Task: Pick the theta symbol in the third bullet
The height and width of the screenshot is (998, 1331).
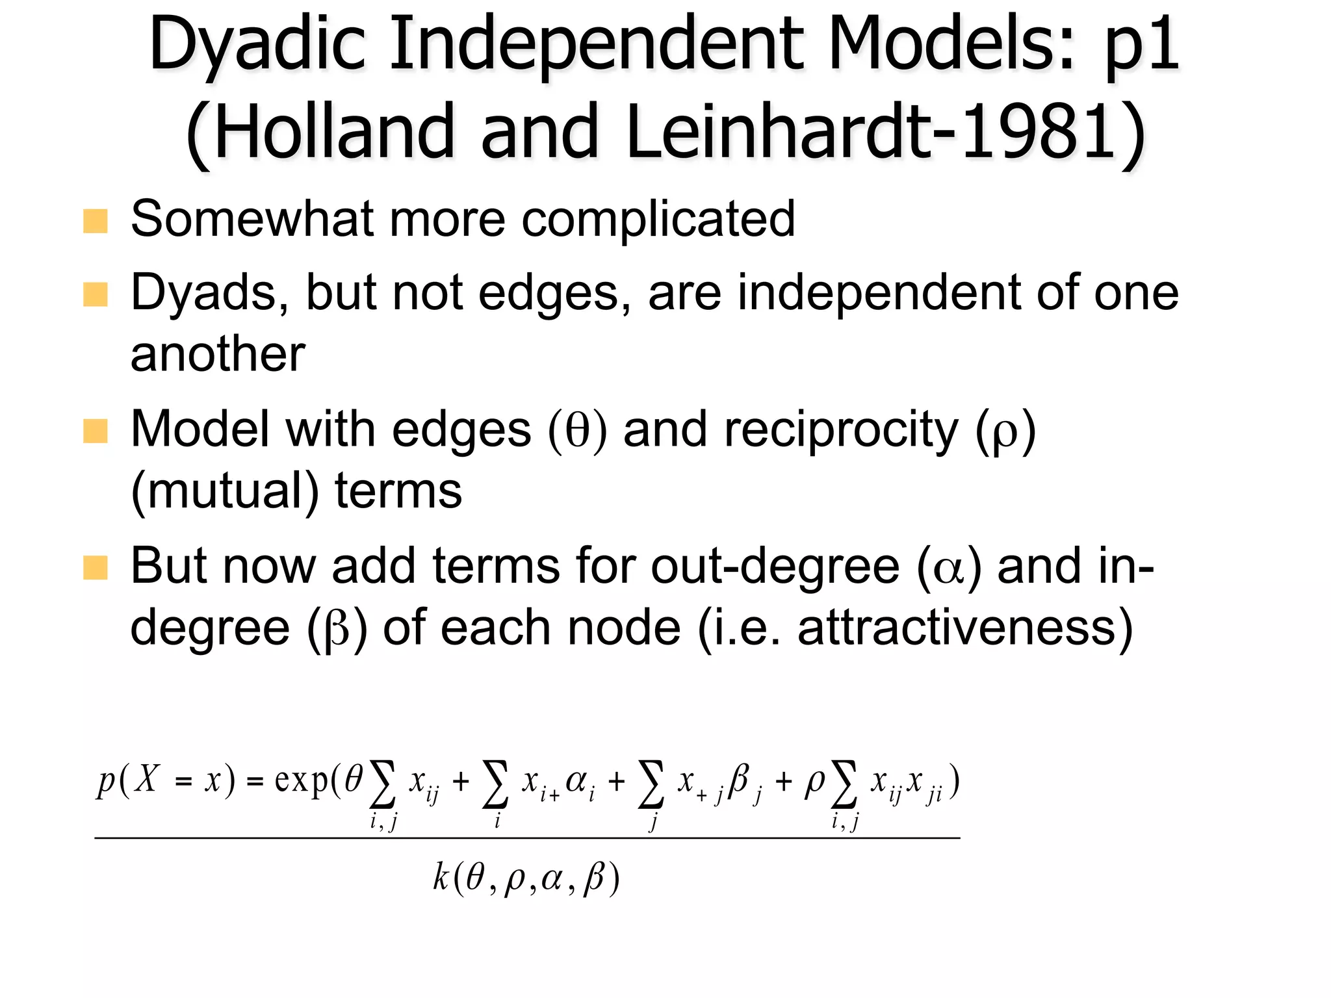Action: point(577,431)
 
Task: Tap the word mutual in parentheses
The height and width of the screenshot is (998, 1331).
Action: point(224,491)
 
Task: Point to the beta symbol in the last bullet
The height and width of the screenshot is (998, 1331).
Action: point(337,629)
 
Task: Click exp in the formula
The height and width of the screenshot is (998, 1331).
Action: point(301,780)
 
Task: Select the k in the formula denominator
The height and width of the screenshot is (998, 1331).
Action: point(441,878)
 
